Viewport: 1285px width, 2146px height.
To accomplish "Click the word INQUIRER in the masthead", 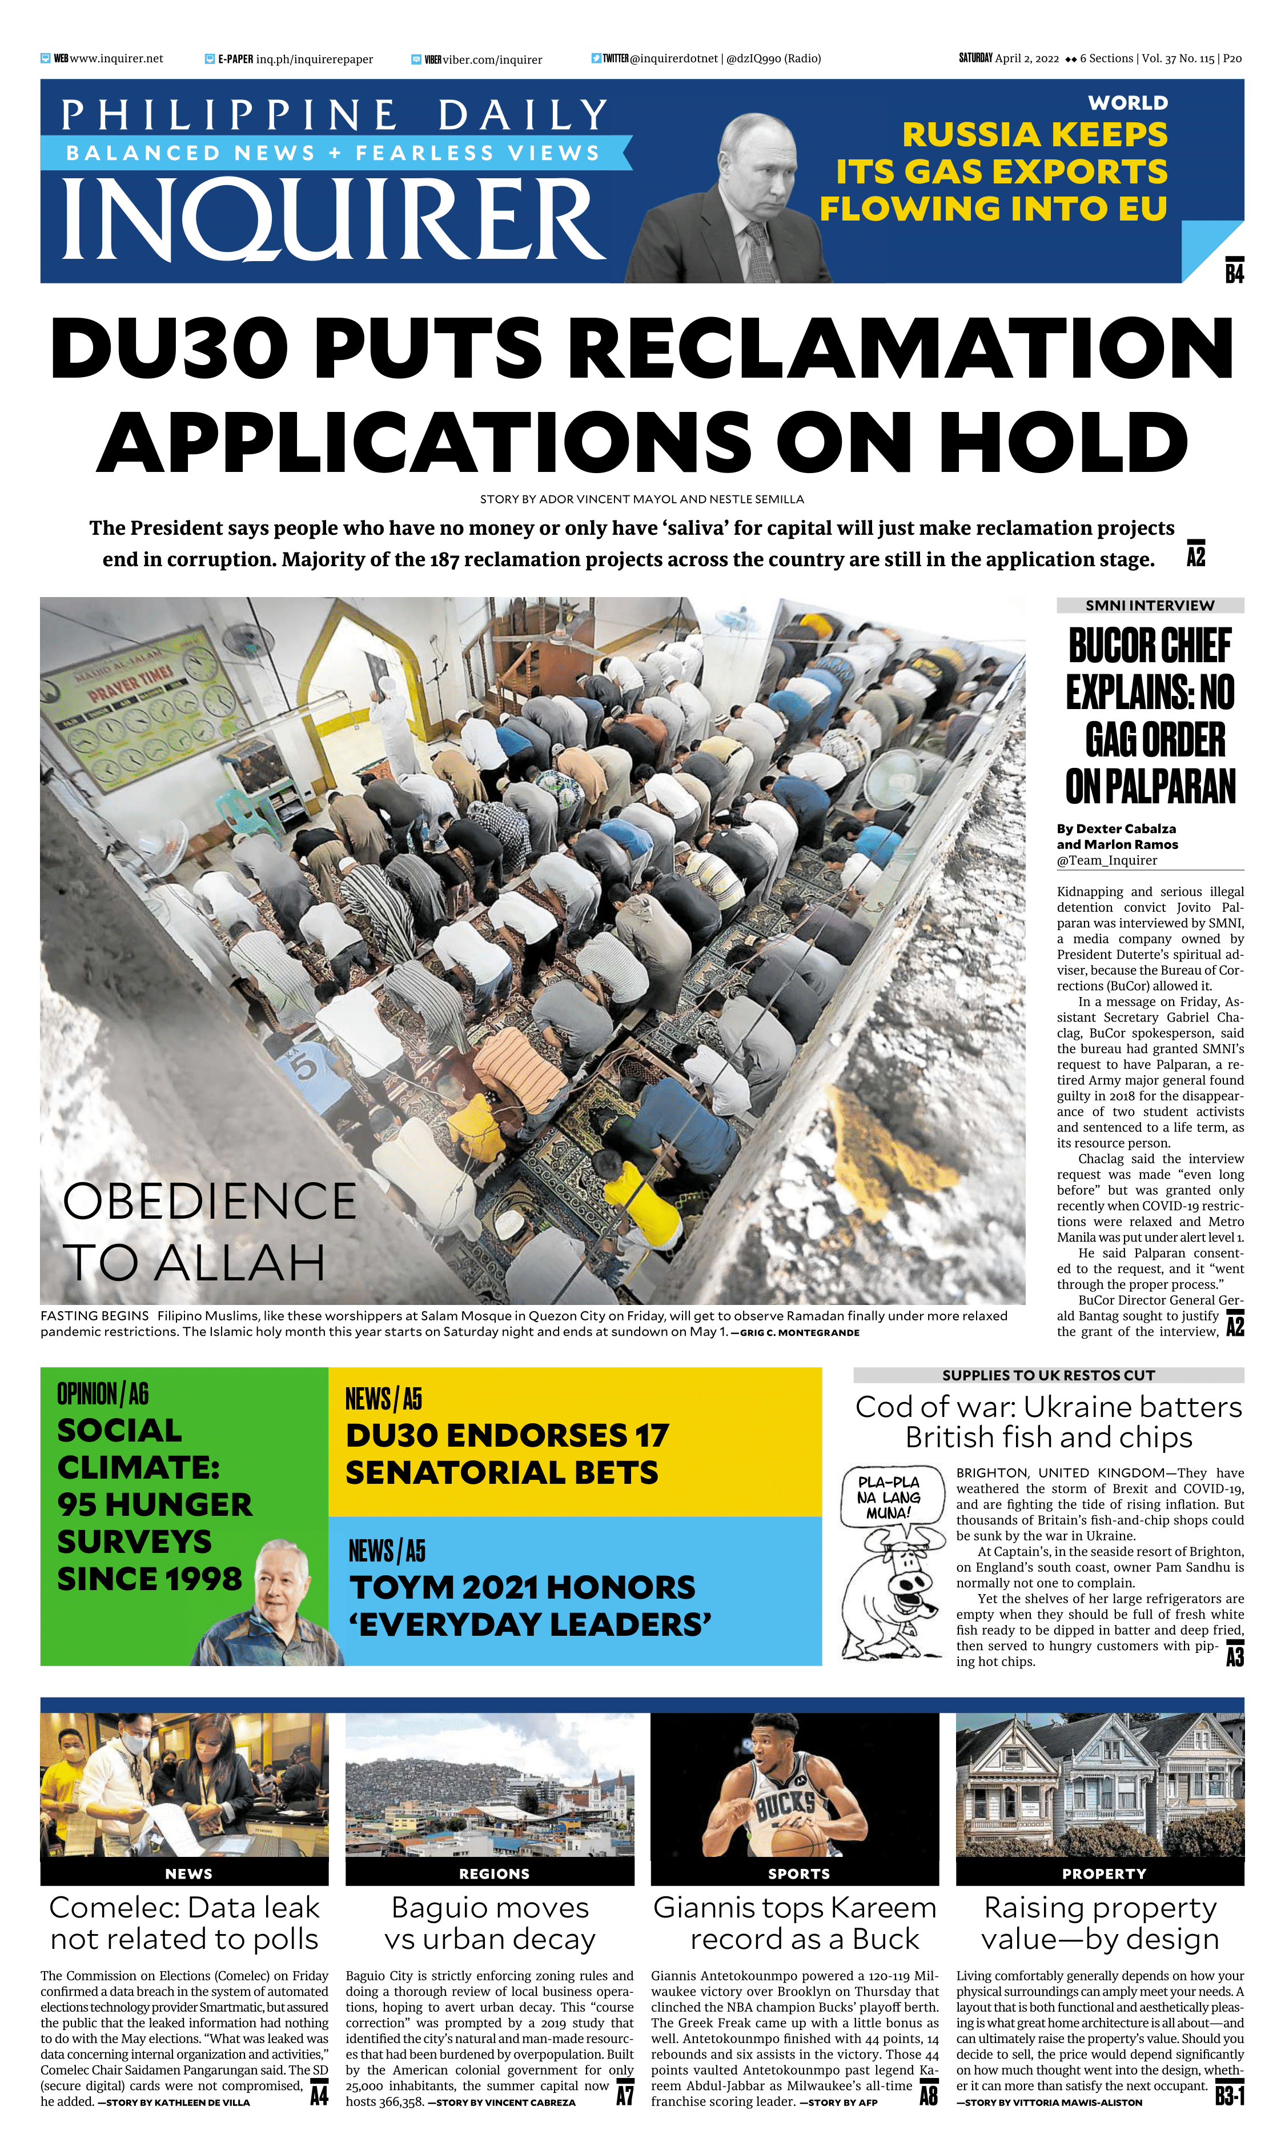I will tap(334, 219).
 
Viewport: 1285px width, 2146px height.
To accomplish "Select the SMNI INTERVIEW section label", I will tap(1149, 606).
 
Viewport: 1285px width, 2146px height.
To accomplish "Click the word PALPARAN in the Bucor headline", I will tap(1150, 787).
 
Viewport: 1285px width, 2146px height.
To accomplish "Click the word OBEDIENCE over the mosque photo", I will tap(210, 1200).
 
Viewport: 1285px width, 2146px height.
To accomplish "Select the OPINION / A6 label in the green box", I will tap(103, 1394).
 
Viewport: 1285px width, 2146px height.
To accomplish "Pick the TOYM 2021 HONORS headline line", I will tap(522, 1587).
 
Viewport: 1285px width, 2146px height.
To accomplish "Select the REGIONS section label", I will tap(493, 1874).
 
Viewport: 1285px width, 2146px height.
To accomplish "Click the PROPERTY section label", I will tap(1103, 1874).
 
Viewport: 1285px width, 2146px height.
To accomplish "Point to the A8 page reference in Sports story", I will tap(928, 2095).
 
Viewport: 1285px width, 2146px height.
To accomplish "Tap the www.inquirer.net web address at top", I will tap(116, 59).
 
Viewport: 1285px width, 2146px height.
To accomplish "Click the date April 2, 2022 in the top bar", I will tap(1026, 59).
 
